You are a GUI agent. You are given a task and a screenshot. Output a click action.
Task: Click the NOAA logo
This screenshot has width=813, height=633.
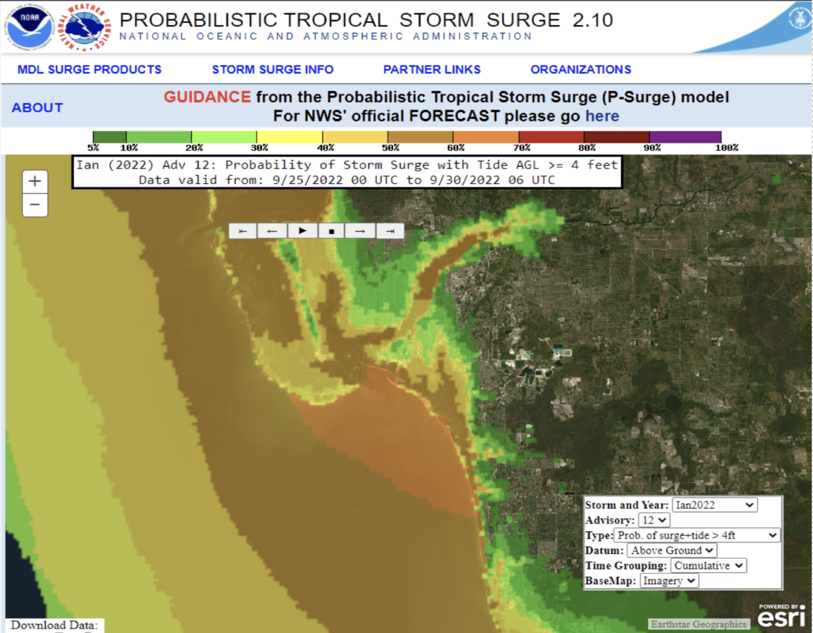pyautogui.click(x=28, y=27)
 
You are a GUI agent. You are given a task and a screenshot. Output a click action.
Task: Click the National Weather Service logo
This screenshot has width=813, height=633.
pyautogui.click(x=85, y=27)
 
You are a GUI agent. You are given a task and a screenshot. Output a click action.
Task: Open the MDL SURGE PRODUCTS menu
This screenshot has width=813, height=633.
pyautogui.click(x=89, y=69)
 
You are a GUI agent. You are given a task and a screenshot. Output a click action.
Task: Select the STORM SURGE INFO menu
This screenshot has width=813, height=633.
pyautogui.click(x=272, y=69)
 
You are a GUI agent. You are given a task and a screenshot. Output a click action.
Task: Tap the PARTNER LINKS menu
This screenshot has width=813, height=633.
pyautogui.click(x=432, y=69)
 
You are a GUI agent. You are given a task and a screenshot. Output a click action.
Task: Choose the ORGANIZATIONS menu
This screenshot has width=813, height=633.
pyautogui.click(x=580, y=69)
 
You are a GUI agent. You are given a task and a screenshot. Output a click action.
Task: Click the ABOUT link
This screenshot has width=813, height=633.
pyautogui.click(x=37, y=107)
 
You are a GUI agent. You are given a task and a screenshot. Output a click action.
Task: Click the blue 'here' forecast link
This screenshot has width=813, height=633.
pyautogui.click(x=602, y=116)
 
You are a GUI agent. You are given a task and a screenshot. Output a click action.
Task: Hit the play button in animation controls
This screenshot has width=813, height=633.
pyautogui.click(x=302, y=231)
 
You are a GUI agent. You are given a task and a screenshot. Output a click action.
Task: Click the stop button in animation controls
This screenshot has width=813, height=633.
pyautogui.click(x=331, y=231)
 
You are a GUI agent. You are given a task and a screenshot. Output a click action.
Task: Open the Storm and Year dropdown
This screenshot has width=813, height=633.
pyautogui.click(x=714, y=505)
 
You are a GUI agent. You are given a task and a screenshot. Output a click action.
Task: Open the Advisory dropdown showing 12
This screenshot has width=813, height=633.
pyautogui.click(x=654, y=520)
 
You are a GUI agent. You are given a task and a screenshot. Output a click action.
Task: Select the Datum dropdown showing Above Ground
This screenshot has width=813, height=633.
pyautogui.click(x=672, y=550)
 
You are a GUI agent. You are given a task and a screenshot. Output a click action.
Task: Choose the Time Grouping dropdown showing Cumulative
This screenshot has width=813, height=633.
pyautogui.click(x=708, y=565)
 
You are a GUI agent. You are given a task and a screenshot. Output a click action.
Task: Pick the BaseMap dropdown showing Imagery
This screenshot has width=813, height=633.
pyautogui.click(x=669, y=580)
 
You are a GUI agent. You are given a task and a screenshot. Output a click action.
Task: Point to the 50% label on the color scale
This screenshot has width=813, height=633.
pyautogui.click(x=390, y=148)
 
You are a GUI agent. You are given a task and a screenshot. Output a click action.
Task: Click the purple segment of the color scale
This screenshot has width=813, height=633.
pyautogui.click(x=685, y=137)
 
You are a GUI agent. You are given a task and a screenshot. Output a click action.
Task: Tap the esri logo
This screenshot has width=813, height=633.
pyautogui.click(x=781, y=616)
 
